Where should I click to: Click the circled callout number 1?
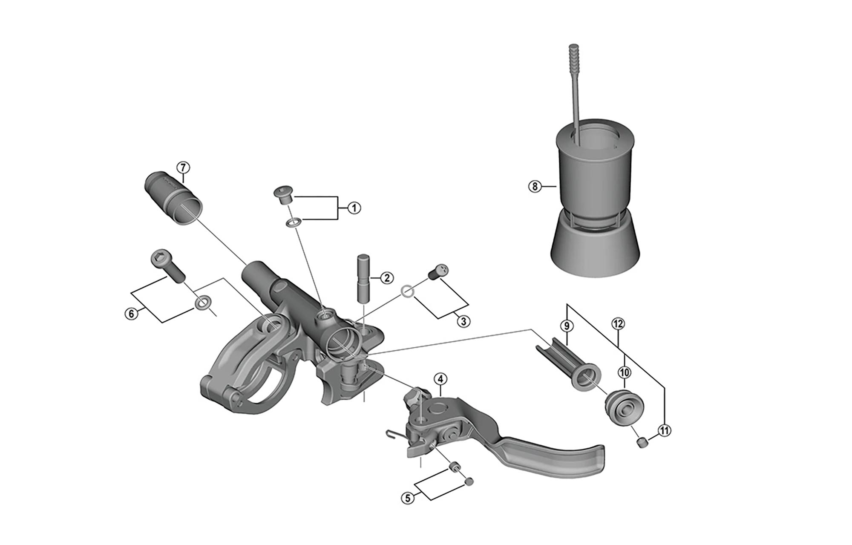point(354,208)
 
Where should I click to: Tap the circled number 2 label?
point(387,278)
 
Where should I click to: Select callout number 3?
point(463,321)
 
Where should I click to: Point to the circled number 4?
point(440,379)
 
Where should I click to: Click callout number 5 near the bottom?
point(408,498)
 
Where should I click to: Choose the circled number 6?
point(131,314)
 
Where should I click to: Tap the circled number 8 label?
point(535,186)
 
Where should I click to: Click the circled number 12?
point(618,324)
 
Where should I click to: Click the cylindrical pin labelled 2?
point(364,278)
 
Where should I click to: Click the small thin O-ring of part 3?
point(407,291)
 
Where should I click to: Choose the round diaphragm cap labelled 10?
point(623,407)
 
